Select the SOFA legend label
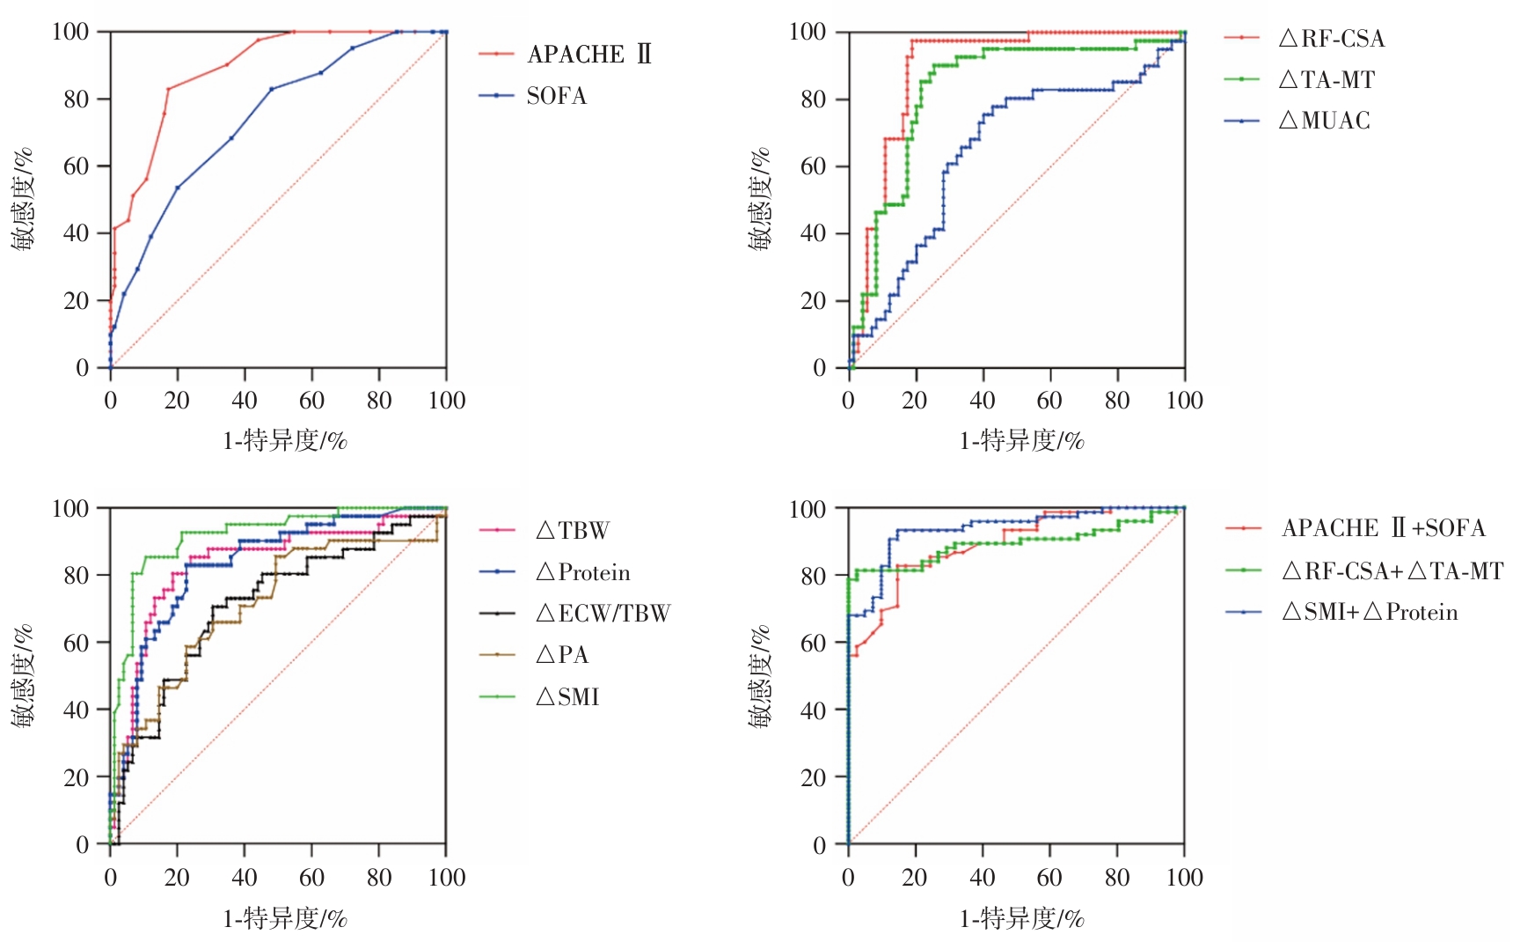[x=556, y=96]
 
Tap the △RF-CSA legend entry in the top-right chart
[x=1332, y=39]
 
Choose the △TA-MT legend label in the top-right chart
[x=1327, y=80]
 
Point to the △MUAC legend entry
[x=1325, y=121]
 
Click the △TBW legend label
[x=573, y=531]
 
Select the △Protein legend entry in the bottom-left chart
[x=583, y=573]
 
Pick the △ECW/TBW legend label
[x=603, y=614]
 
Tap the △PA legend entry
[x=562, y=655]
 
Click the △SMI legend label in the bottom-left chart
[x=567, y=697]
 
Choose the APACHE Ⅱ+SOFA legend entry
[x=1384, y=528]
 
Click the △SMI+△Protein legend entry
[x=1370, y=613]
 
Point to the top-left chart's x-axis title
[x=285, y=440]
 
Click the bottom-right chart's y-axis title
[x=760, y=676]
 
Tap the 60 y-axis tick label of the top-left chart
[x=77, y=166]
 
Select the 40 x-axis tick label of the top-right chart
[x=982, y=401]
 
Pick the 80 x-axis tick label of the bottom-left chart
[x=379, y=878]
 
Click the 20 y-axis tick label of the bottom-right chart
[x=814, y=777]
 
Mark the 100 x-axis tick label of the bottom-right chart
[x=1184, y=878]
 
